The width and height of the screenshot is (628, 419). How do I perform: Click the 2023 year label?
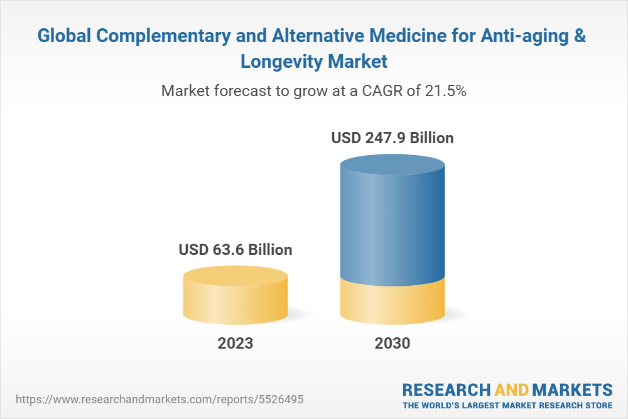[235, 344]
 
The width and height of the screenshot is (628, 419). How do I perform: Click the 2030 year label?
[392, 344]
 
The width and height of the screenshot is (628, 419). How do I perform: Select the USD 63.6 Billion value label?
[235, 250]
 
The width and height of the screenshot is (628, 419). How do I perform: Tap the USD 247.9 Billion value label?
[392, 138]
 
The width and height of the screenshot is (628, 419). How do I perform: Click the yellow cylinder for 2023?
[235, 298]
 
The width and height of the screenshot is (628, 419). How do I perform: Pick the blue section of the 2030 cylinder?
[392, 220]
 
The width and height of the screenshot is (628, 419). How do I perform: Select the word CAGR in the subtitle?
[377, 91]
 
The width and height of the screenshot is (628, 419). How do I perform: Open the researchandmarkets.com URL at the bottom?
[163, 399]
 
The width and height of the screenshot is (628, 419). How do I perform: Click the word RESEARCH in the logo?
[446, 389]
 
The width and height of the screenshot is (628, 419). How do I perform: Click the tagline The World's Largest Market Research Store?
[507, 405]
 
